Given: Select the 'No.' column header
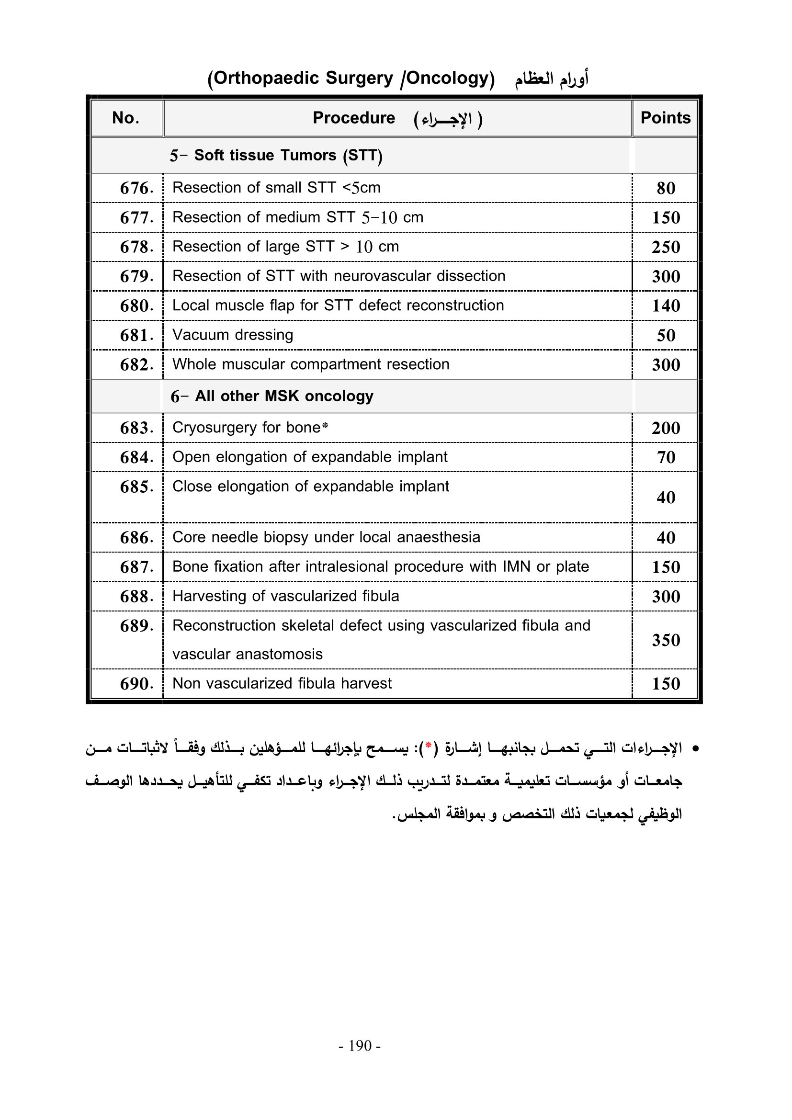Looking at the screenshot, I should coord(126,118).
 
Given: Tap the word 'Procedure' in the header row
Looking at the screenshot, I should coord(353,118).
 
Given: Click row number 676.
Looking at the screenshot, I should coord(136,188).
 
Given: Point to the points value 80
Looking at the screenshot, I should coord(666,188).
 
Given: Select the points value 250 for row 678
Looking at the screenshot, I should coord(666,247).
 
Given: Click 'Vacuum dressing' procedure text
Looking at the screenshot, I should coord(233,335).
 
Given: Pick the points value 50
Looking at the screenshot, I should coord(666,335).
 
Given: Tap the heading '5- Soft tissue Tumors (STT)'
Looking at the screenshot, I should coord(276,155).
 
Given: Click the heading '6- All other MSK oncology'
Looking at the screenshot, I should coord(272,396).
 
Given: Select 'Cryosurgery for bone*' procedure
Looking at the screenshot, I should coord(250,427).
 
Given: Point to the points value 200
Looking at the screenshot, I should coord(666,428).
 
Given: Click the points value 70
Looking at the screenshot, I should coord(666,457).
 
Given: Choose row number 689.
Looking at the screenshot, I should coord(136,626).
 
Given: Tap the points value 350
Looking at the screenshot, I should coord(666,640).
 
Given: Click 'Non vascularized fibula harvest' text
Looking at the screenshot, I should coord(282,683).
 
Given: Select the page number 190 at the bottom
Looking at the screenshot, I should coord(360,1046).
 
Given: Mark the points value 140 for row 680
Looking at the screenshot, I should coord(666,306).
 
